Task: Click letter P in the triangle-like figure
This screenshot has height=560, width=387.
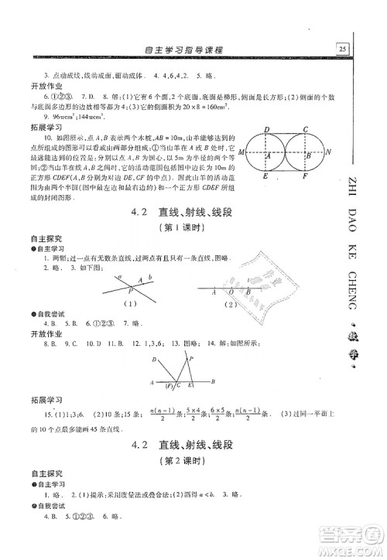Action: coord(191,350)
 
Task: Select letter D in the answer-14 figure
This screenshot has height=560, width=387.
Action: coord(155,360)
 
